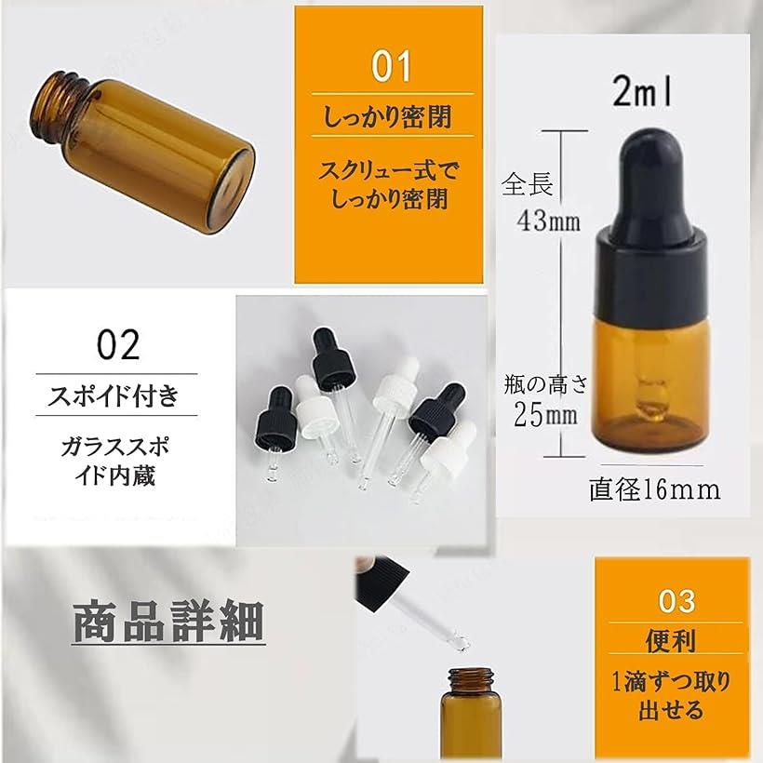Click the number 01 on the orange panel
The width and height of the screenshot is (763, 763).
(x=391, y=66)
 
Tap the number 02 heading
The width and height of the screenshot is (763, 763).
(x=118, y=344)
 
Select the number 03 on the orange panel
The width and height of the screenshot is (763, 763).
(x=676, y=601)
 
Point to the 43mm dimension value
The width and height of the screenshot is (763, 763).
(x=548, y=221)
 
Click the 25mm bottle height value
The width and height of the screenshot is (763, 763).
(x=545, y=416)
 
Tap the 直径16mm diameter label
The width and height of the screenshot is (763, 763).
(x=654, y=489)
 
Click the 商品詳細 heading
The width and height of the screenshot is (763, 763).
(x=168, y=622)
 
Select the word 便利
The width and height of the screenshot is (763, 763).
(x=671, y=641)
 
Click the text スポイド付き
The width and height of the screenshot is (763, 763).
(x=114, y=395)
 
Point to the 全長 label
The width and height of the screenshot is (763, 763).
(x=527, y=184)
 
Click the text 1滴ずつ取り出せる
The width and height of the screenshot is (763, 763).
(x=671, y=696)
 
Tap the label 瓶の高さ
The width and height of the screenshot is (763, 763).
(x=545, y=385)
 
